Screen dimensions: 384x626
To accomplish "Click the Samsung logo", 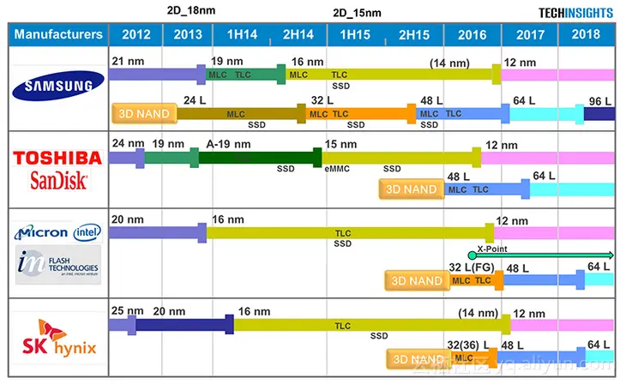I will (57, 86).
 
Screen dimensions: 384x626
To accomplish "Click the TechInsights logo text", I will (575, 13).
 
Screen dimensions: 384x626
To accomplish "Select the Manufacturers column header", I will (58, 35).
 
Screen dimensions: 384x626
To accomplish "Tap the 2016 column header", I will (472, 35).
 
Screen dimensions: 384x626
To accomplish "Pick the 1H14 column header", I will (241, 35).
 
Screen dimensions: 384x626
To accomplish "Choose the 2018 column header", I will (587, 35).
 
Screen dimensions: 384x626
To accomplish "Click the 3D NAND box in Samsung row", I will (143, 113).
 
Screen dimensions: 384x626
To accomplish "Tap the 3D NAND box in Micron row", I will (415, 280).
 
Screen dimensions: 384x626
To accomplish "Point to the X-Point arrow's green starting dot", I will (472, 255).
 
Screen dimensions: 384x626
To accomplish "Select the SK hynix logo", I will (57, 339).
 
